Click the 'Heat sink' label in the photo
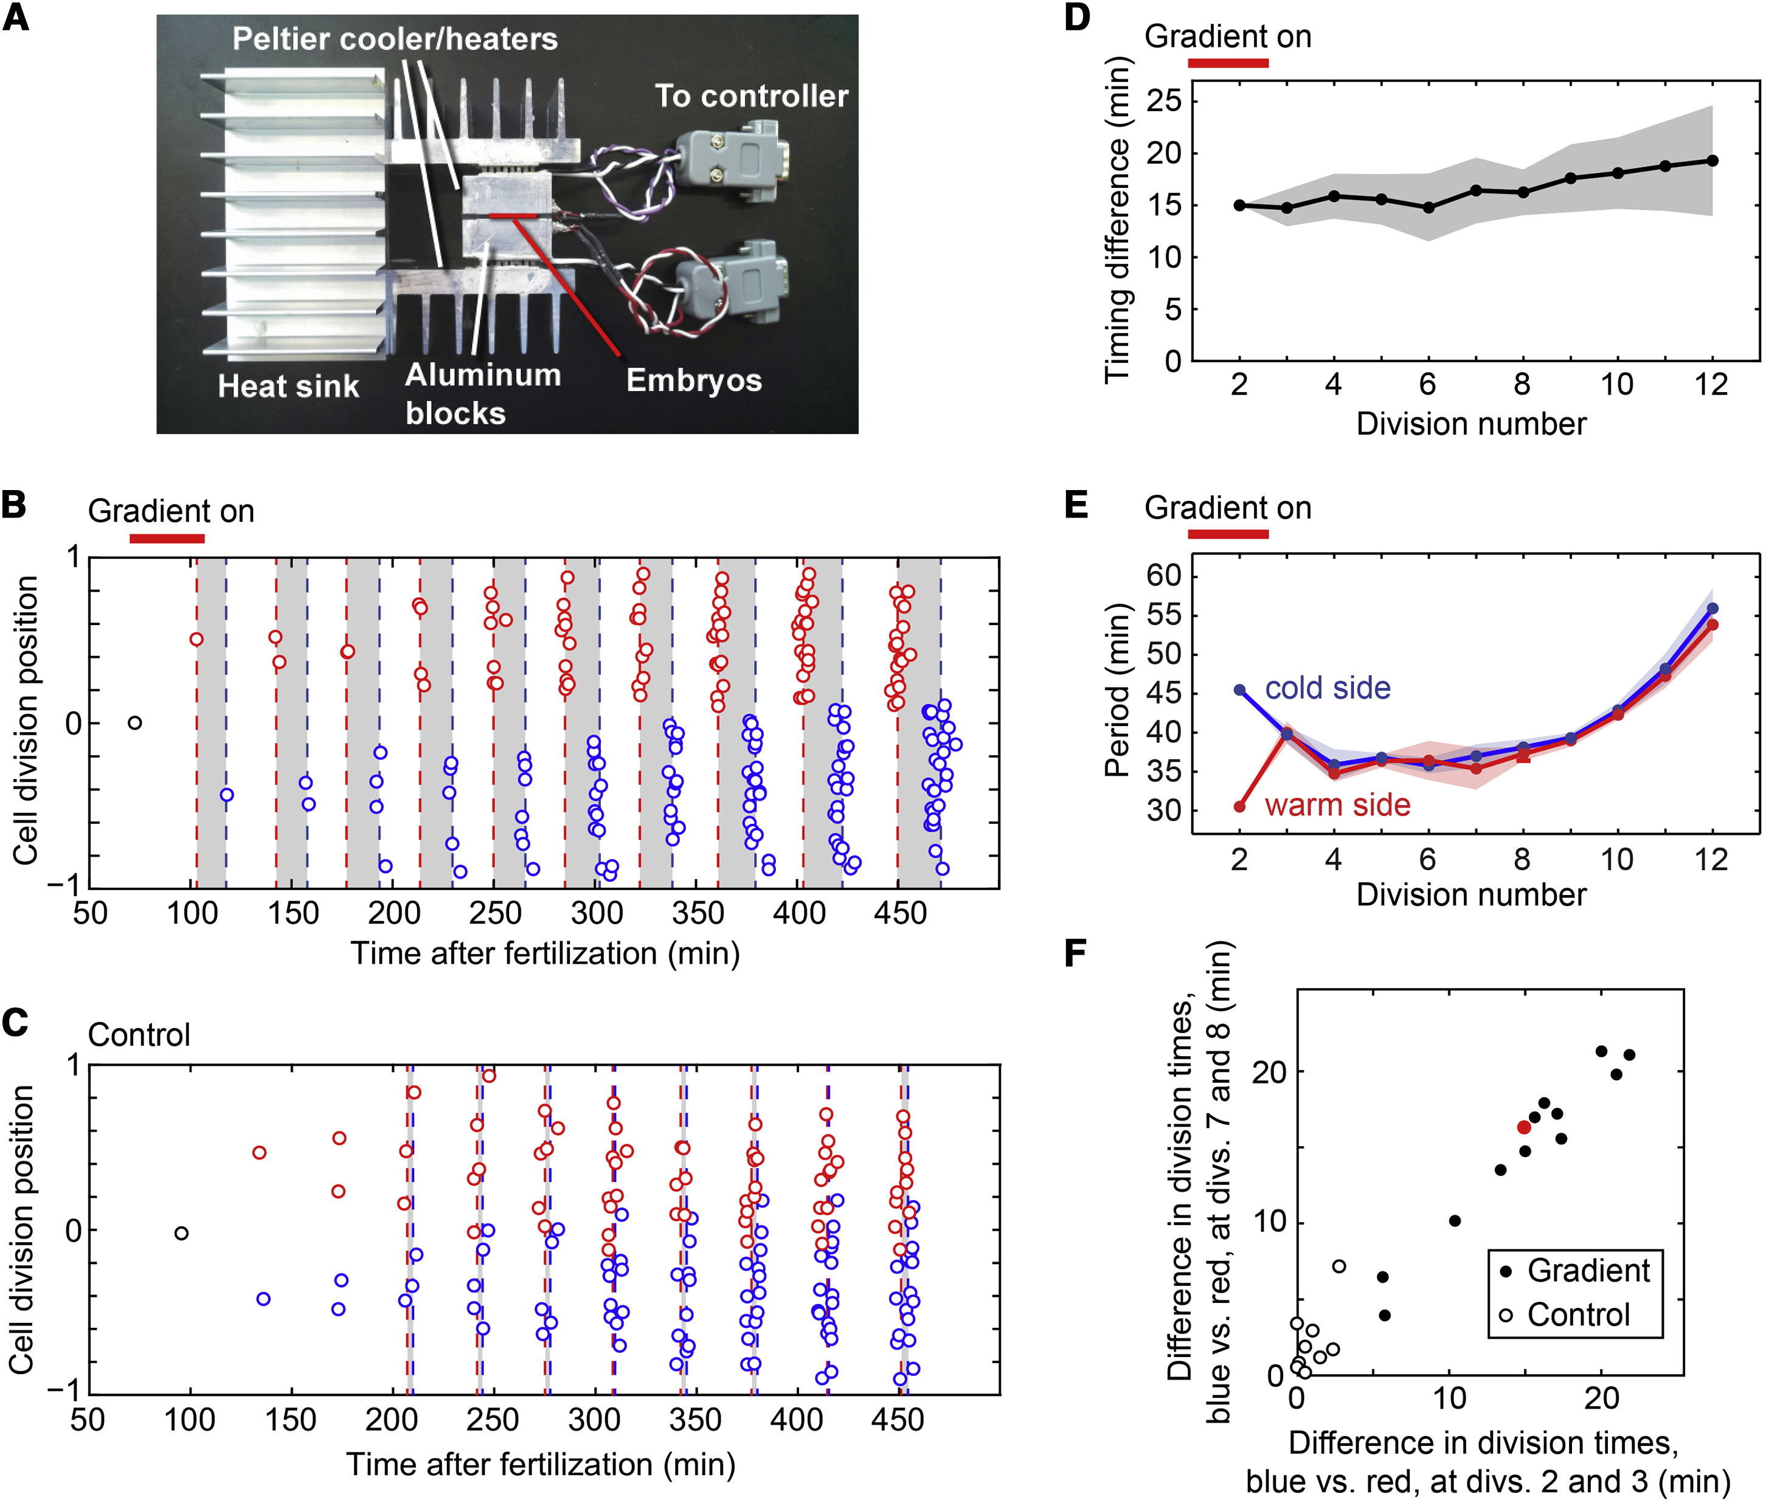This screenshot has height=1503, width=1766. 288,386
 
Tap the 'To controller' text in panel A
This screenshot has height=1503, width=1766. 751,96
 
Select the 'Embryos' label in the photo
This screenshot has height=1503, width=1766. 694,380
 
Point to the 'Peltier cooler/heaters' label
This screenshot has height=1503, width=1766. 395,39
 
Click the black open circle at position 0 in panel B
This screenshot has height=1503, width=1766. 134,722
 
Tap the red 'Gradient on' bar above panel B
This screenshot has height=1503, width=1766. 167,539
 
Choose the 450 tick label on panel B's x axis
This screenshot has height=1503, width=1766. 900,913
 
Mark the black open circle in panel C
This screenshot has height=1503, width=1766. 181,1233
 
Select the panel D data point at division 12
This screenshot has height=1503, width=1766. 1712,160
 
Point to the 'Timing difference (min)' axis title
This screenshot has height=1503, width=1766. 1117,220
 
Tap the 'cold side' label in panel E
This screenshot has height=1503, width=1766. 1327,688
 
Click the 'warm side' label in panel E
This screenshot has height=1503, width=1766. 1337,804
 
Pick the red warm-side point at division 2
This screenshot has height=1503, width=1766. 1240,806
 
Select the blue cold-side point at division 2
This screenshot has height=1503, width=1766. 1240,689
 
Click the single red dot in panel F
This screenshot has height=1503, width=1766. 1524,1127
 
